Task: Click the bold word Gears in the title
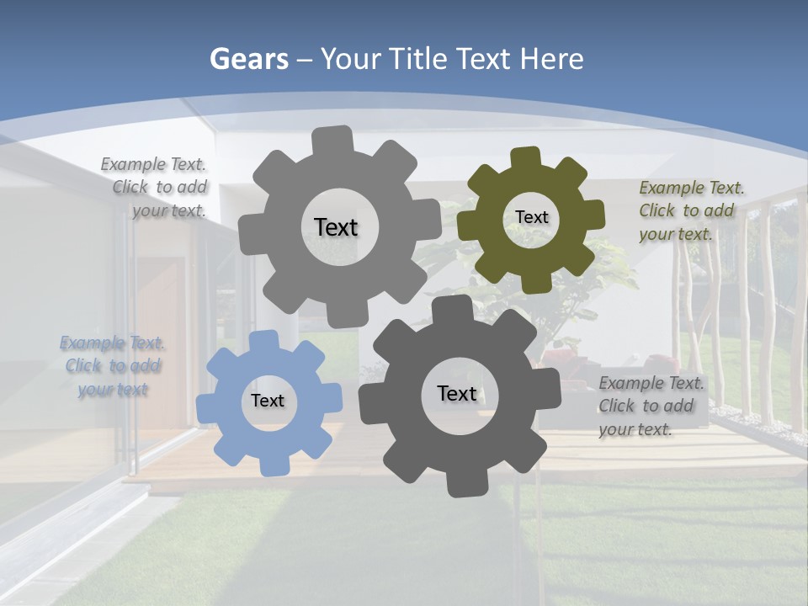pos(248,59)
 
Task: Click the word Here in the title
pos(551,59)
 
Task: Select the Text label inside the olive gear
pos(531,217)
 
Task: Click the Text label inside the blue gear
pos(267,401)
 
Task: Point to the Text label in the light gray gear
pos(336,227)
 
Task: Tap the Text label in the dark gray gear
pos(457,393)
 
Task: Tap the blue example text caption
pos(112,366)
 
